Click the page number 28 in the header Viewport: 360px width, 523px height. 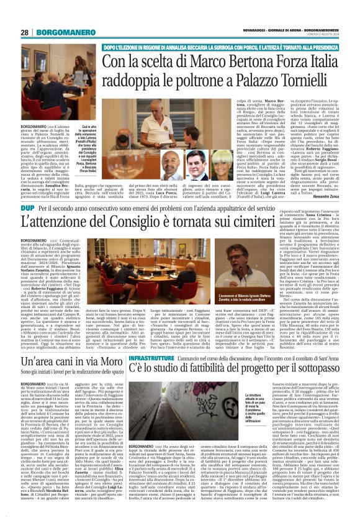click(x=24, y=32)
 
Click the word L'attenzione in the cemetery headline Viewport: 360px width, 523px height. click(x=60, y=239)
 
